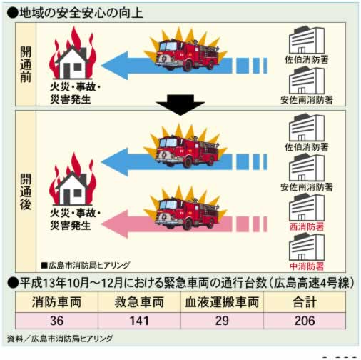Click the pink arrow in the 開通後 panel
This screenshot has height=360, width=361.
click(x=184, y=224)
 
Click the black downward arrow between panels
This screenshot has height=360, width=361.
click(x=180, y=105)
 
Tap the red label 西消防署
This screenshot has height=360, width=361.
click(x=307, y=226)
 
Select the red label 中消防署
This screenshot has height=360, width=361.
click(x=307, y=266)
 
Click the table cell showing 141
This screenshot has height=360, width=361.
click(x=139, y=321)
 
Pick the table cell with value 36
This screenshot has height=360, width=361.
click(x=57, y=321)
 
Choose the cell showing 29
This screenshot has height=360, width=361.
click(x=222, y=321)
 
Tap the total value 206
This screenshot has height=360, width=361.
click(x=305, y=321)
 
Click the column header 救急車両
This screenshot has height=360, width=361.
click(x=139, y=302)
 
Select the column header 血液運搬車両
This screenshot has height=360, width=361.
click(x=222, y=302)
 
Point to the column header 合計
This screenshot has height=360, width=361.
click(x=305, y=302)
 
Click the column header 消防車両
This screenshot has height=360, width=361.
click(x=57, y=302)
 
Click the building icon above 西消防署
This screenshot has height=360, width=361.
click(x=307, y=207)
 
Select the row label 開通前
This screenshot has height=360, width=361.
click(x=26, y=64)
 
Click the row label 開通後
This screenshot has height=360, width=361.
click(x=26, y=191)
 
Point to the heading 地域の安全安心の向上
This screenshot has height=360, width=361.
click(x=81, y=13)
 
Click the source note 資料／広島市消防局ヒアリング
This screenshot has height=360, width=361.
click(x=60, y=339)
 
